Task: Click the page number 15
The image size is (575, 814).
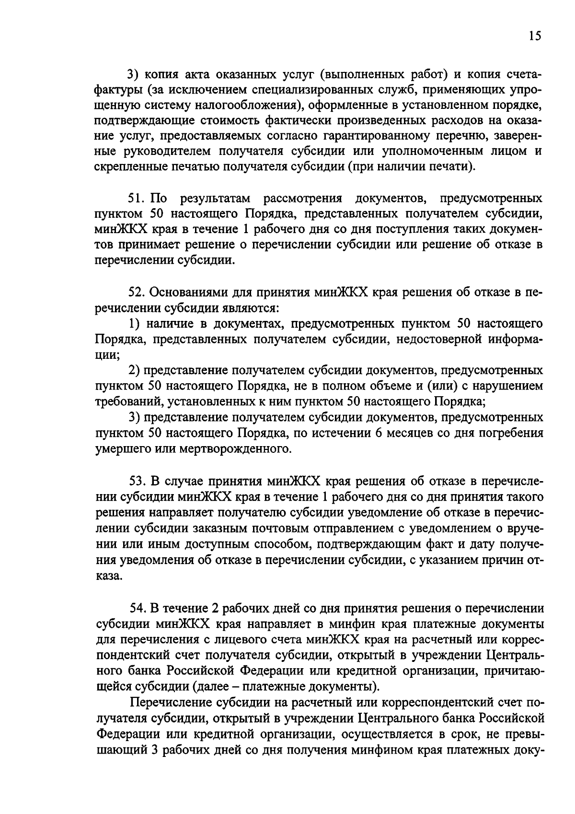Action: pyautogui.click(x=535, y=36)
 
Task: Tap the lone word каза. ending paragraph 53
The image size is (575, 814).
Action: pyautogui.click(x=109, y=576)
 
